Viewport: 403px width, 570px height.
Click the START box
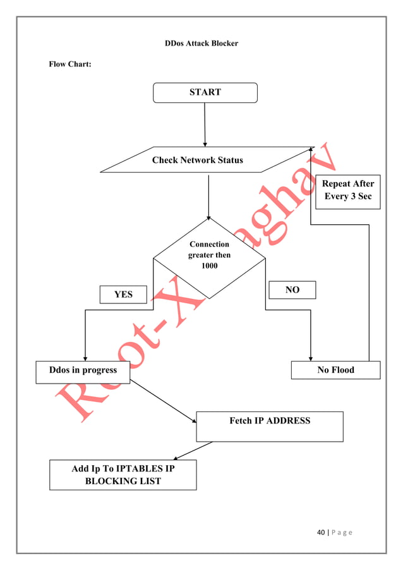pos(205,92)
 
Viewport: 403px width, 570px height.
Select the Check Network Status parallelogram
pos(198,160)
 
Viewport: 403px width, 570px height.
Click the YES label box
pos(123,294)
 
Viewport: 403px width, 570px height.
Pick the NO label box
pos(292,290)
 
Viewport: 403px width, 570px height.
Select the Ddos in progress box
pos(83,371)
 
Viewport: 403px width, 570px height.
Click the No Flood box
pos(335,370)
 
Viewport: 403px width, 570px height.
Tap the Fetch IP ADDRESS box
pos(270,427)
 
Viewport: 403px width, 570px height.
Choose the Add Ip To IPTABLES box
pos(123,475)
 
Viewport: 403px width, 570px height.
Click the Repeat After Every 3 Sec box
pos(348,191)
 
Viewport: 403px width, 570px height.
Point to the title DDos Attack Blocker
pos(201,44)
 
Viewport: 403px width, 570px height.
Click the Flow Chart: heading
pos(70,64)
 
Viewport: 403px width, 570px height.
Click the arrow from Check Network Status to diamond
pos(208,196)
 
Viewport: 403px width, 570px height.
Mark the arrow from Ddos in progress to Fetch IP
pos(163,401)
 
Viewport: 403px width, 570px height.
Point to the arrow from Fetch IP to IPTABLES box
pos(193,451)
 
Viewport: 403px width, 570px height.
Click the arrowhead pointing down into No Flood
pos(311,357)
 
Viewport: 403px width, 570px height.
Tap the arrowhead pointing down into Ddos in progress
pos(85,357)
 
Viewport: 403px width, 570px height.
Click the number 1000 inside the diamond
pos(209,266)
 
